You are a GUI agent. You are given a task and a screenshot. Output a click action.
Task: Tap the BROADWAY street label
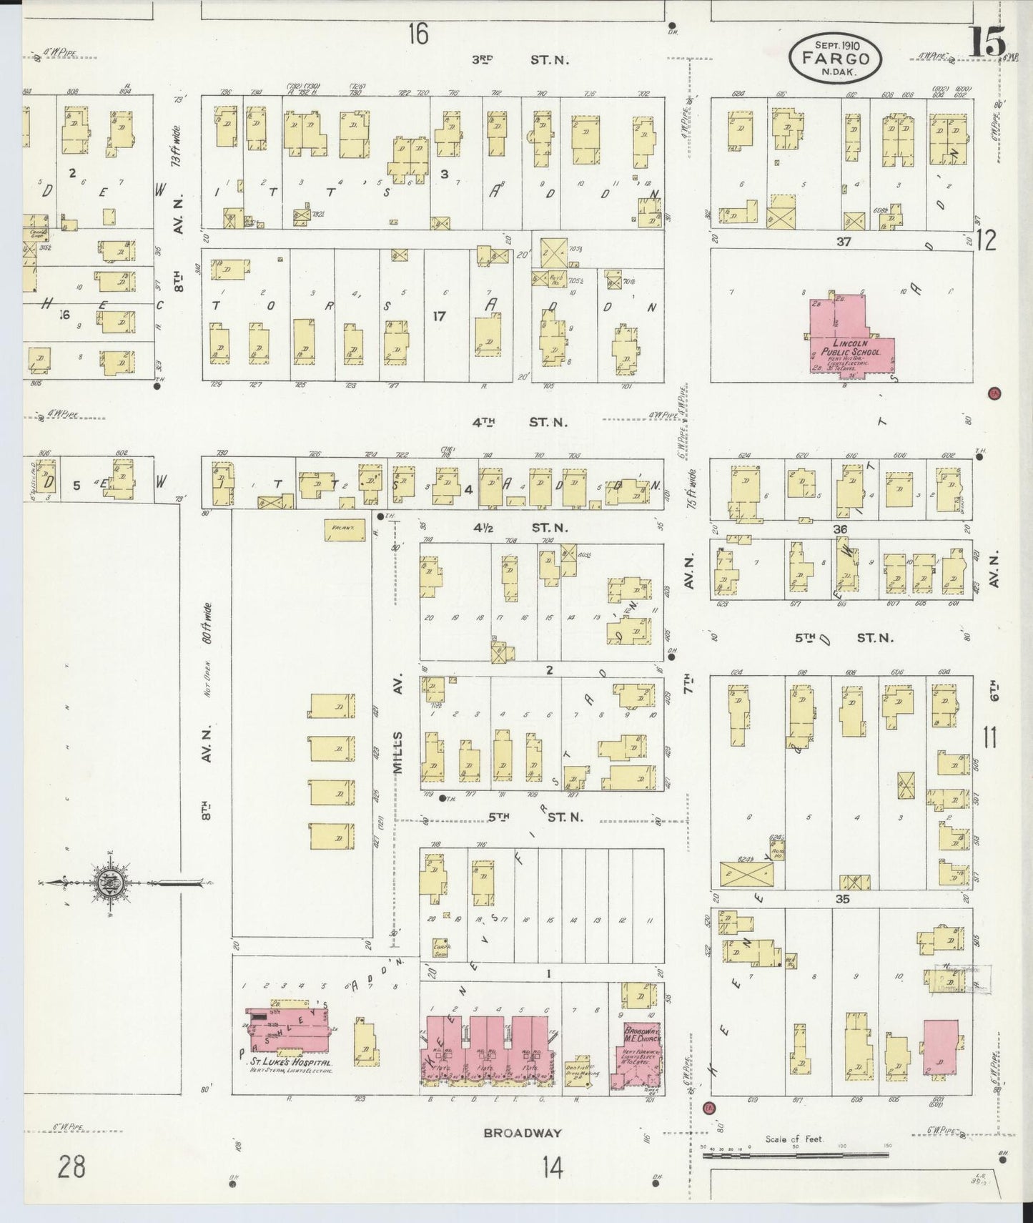[522, 1133]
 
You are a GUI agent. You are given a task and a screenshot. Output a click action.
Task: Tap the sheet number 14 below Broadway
[552, 1168]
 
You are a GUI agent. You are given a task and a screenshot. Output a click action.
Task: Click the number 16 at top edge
[418, 33]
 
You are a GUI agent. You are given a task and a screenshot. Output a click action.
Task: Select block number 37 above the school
[844, 242]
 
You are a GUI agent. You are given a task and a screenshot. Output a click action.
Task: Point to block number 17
[439, 315]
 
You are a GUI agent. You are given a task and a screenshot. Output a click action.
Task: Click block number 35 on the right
[843, 899]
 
